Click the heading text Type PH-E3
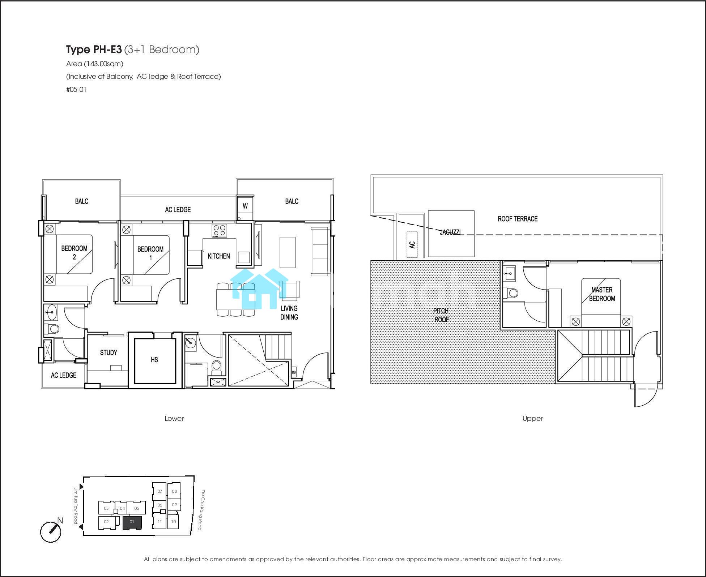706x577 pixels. point(94,50)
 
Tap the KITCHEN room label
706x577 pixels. point(219,256)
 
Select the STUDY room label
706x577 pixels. point(109,352)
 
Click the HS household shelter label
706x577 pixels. point(154,360)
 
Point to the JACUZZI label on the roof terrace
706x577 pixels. point(450,232)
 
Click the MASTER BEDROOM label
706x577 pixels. point(602,294)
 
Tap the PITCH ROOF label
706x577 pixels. point(441,315)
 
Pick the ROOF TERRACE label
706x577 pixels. point(518,219)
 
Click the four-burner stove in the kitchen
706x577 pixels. point(220,231)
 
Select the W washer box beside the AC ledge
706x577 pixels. point(245,206)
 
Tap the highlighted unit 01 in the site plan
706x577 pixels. point(132,522)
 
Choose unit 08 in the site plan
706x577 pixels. point(174,491)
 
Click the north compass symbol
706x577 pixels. point(51,531)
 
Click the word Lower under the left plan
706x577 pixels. point(174,418)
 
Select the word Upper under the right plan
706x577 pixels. point(532,419)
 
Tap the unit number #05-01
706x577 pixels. point(76,89)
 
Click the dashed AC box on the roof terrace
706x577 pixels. point(412,244)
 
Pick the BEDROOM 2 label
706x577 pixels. point(75,253)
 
